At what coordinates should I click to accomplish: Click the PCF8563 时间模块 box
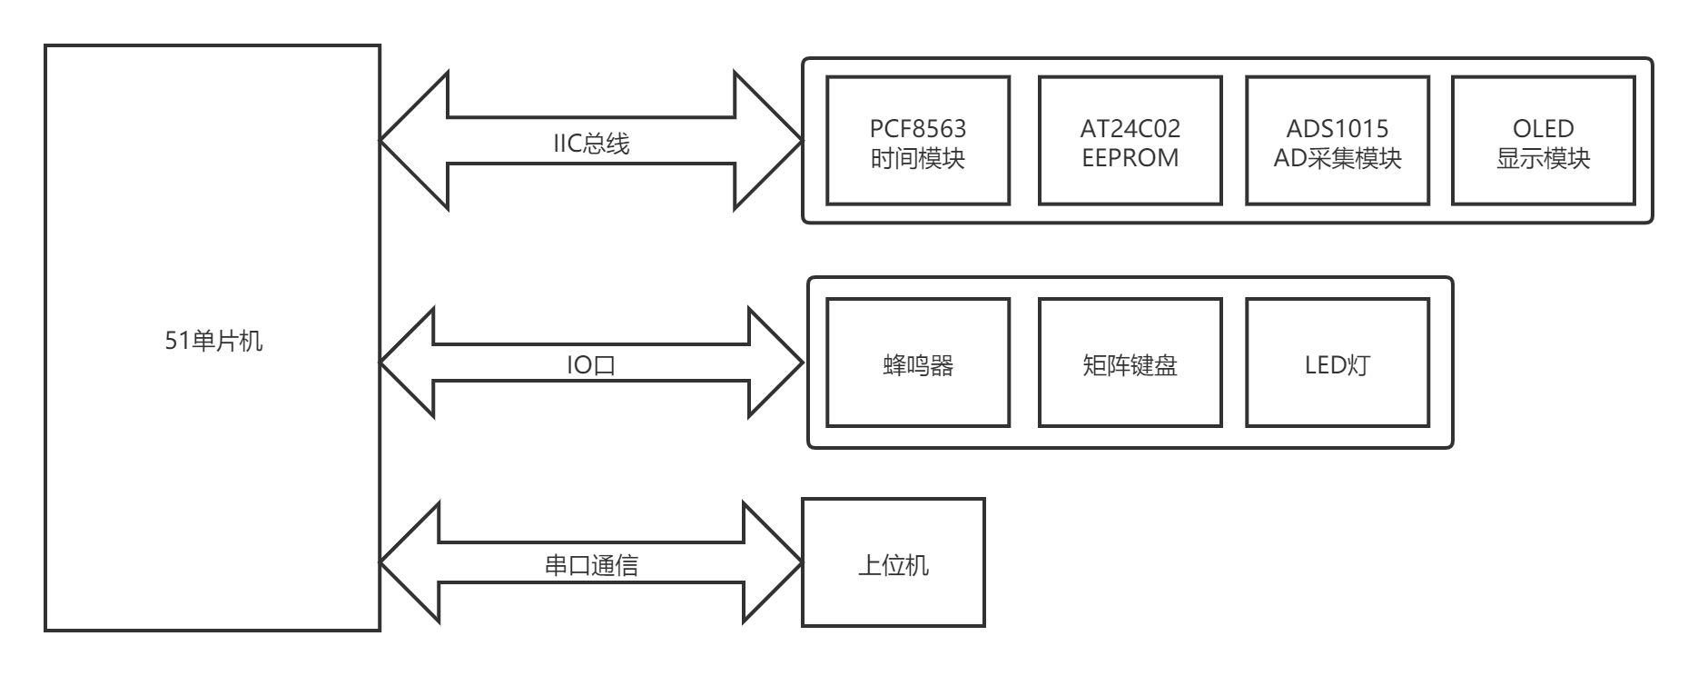[x=918, y=141]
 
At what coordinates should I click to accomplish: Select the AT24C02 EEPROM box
[x=1130, y=141]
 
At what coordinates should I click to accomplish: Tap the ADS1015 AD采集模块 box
[x=1338, y=141]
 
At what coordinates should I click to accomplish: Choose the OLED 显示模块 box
[x=1544, y=141]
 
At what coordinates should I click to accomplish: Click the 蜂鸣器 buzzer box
[x=918, y=363]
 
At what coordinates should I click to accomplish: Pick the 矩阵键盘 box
[x=1130, y=363]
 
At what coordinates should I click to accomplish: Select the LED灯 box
[x=1338, y=363]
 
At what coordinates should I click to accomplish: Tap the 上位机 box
[x=893, y=562]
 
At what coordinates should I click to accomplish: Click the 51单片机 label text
[x=213, y=341]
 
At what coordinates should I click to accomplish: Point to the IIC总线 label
[x=591, y=144]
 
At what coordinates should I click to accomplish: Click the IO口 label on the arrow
[x=591, y=365]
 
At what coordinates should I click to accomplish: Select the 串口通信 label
[x=591, y=565]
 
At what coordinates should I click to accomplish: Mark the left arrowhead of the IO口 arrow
[x=409, y=363]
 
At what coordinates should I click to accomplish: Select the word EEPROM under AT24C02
[x=1130, y=158]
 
